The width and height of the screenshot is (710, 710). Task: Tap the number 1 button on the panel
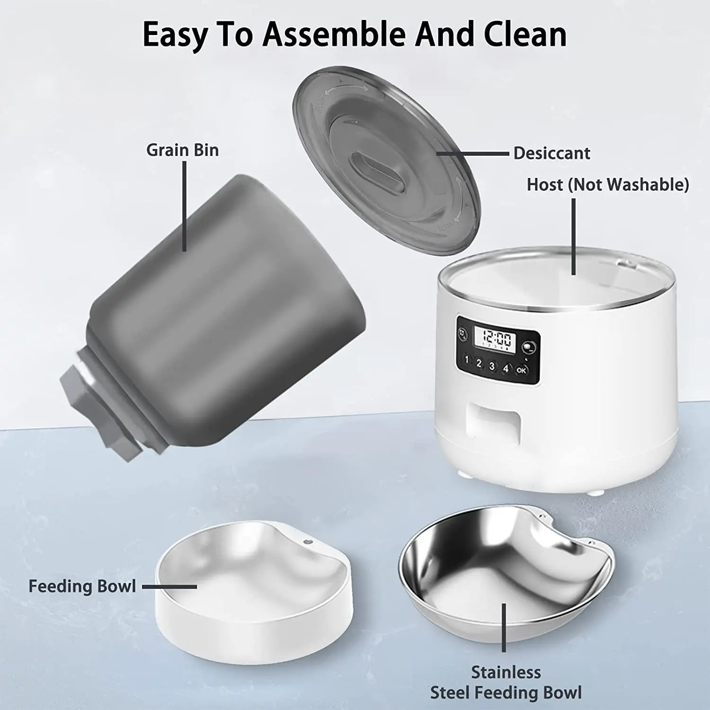click(467, 360)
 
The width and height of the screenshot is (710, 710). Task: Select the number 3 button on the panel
click(492, 366)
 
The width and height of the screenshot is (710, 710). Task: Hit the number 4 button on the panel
click(506, 368)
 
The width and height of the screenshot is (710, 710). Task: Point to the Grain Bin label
click(182, 150)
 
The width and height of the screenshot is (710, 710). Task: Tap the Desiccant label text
click(551, 153)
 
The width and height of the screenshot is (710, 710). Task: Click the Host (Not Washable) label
click(608, 184)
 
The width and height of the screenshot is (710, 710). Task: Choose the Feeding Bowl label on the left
click(82, 586)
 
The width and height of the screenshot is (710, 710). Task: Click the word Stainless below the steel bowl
click(506, 672)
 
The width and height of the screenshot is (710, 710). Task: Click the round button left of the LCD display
click(462, 333)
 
